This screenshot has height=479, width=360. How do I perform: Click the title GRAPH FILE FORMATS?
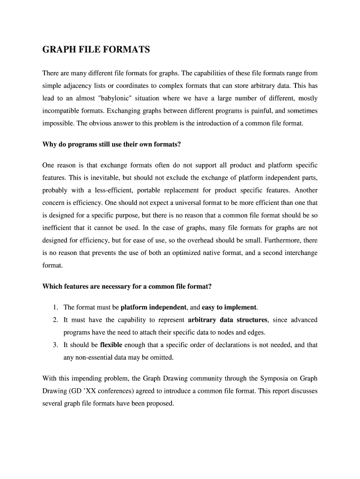(x=96, y=49)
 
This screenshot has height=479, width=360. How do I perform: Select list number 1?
(x=55, y=307)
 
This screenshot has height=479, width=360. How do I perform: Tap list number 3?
(x=55, y=345)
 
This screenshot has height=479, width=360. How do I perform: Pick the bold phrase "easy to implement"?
(x=229, y=307)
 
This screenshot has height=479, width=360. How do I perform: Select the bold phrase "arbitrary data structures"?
(x=228, y=320)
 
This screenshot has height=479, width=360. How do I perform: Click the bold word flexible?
(x=111, y=345)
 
